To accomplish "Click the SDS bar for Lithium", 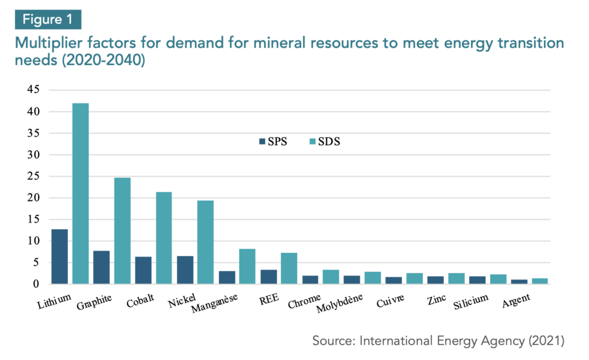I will pos(80,193).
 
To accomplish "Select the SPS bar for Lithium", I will pos(59,256).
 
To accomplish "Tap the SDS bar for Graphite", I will pos(122,231).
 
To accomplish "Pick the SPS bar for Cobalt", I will pos(143,270).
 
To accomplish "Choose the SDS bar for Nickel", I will pos(205,242).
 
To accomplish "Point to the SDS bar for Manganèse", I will pos(247,266).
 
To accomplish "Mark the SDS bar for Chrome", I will pos(331,277).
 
